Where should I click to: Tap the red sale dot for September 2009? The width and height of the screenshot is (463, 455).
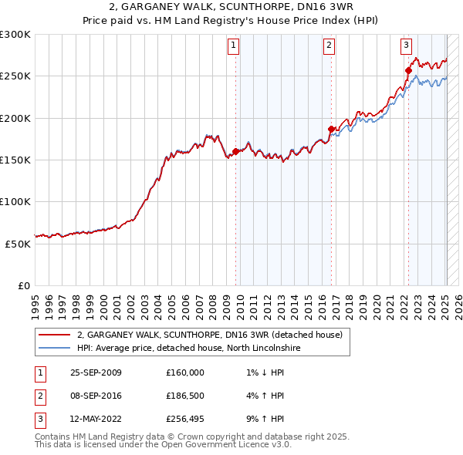[235, 151]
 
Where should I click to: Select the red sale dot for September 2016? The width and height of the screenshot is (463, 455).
[331, 129]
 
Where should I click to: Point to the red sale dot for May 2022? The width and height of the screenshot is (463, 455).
[408, 70]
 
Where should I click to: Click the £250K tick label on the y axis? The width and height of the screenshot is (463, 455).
[15, 76]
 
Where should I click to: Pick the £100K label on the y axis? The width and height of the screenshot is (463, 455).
[15, 201]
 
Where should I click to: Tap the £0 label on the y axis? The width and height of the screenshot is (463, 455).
[23, 285]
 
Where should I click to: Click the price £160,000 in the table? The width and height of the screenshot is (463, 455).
[185, 372]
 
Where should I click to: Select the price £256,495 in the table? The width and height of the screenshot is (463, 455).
[185, 420]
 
